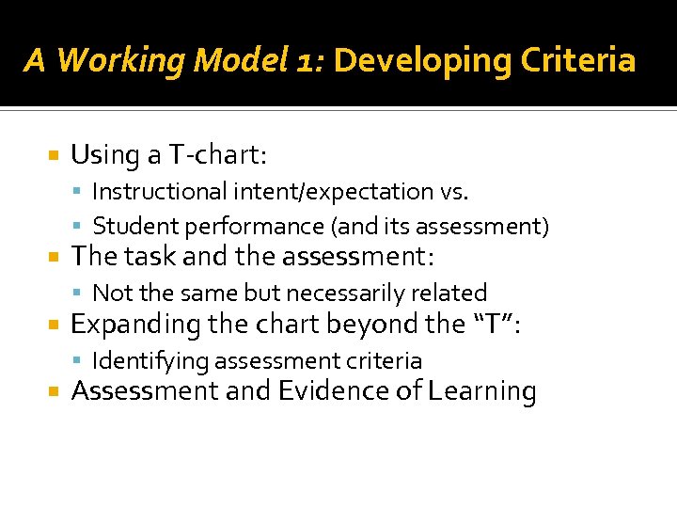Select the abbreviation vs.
[453, 192]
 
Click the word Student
[132, 227]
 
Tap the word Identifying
[150, 361]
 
